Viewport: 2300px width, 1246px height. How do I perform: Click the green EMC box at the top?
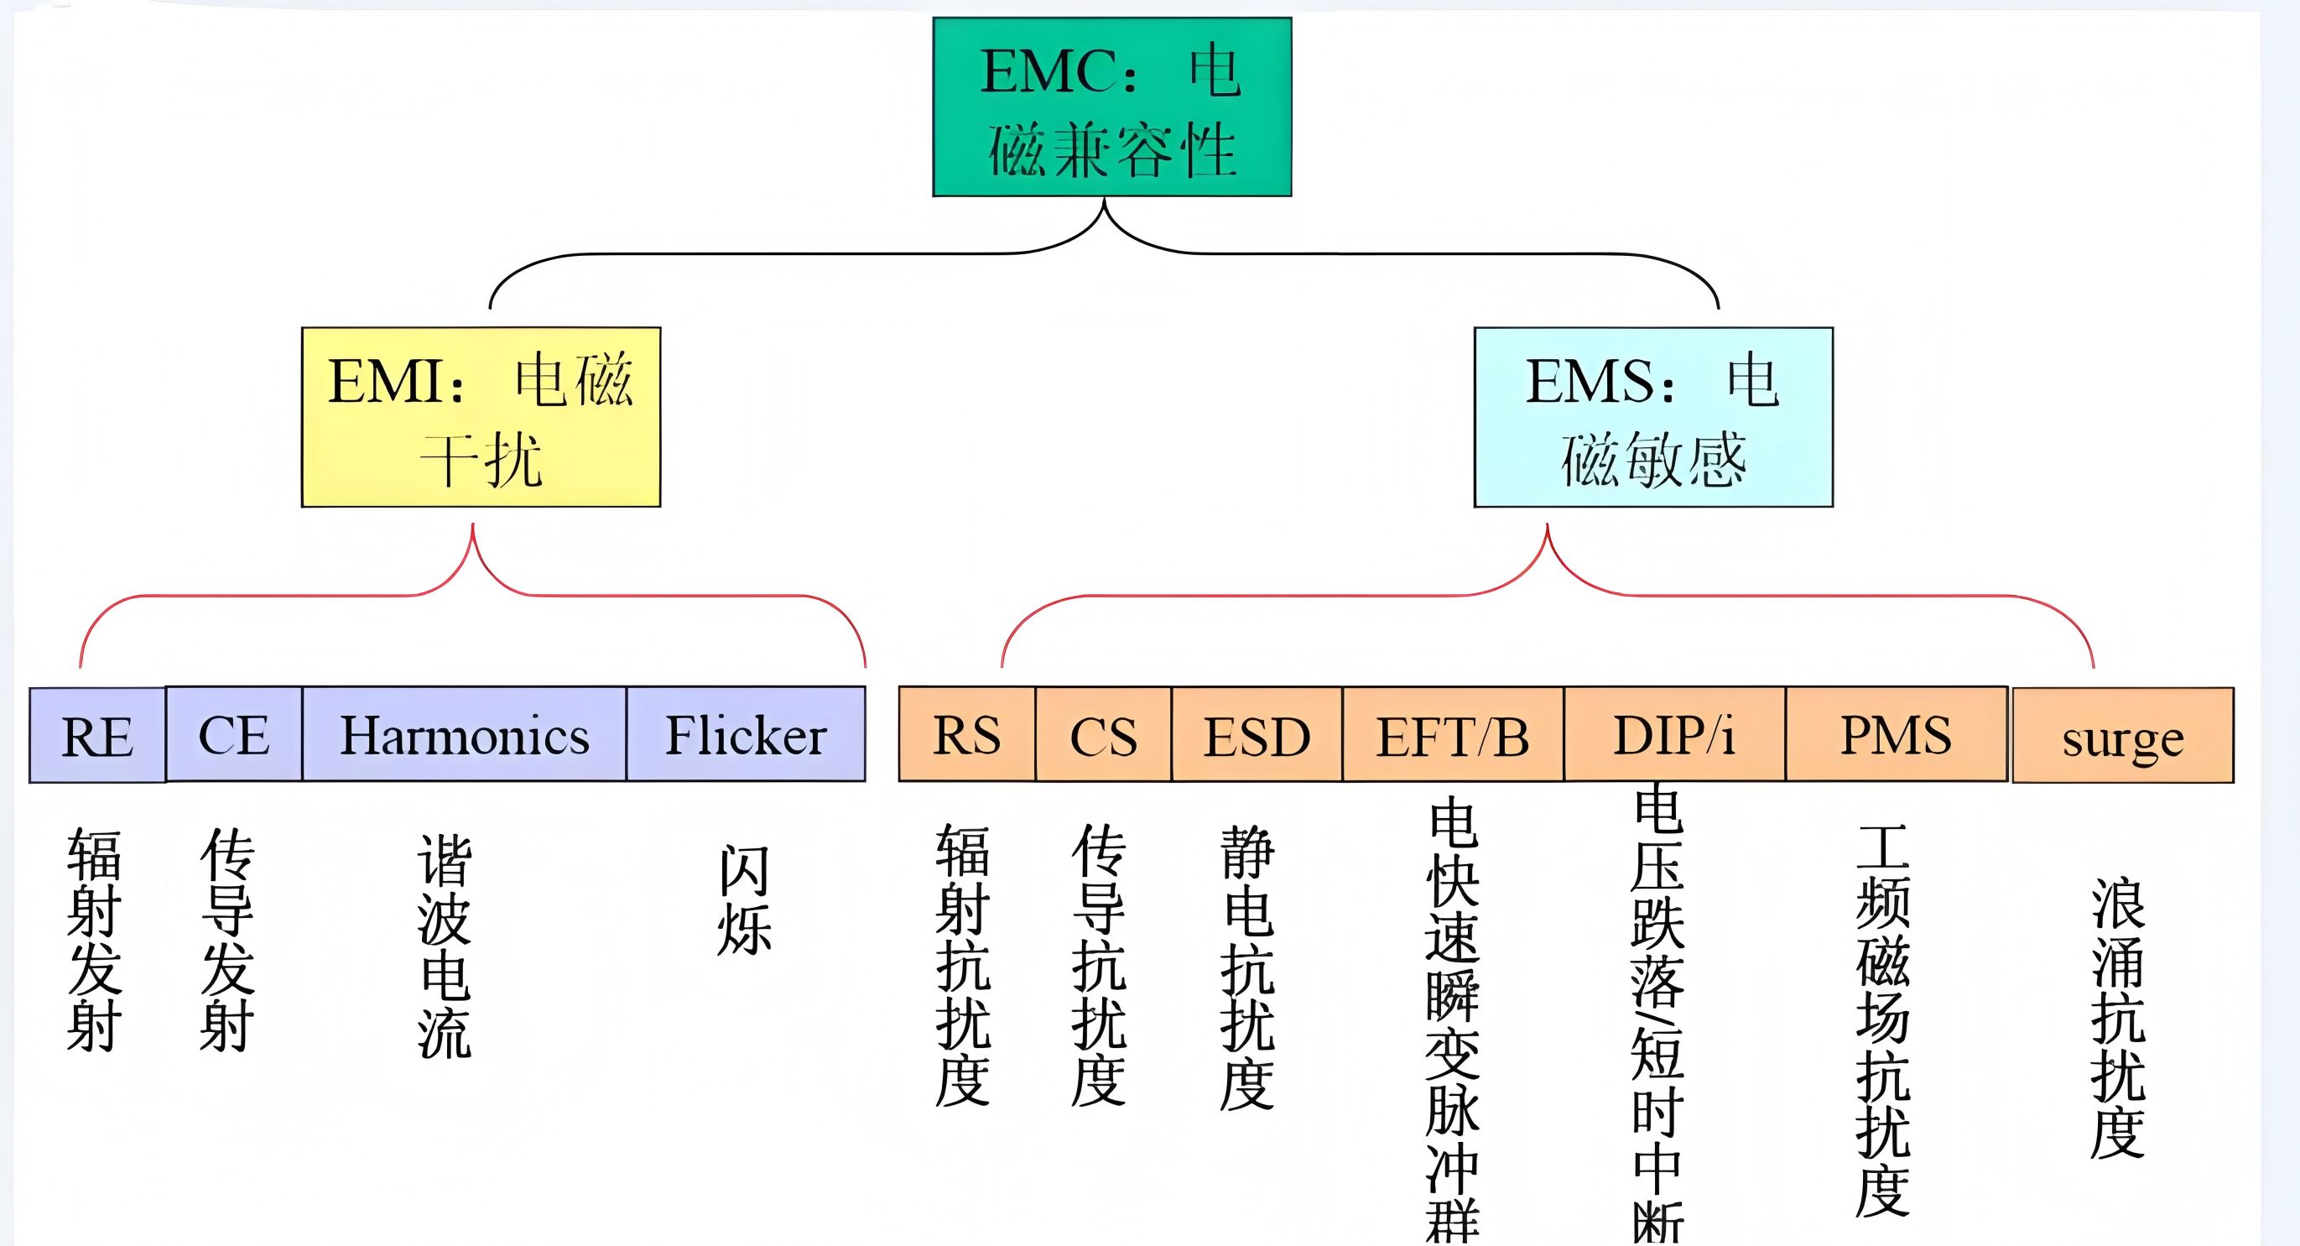coord(1111,107)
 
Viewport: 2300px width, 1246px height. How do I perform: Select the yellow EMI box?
coord(481,417)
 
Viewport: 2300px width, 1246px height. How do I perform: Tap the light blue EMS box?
coord(1652,417)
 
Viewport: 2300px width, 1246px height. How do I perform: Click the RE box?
coord(97,735)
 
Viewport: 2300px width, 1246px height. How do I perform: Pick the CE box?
coord(234,734)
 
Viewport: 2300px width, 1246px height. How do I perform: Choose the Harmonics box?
coord(465,734)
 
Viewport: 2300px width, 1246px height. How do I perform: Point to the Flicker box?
coord(746,734)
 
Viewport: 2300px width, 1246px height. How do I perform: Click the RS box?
coord(967,734)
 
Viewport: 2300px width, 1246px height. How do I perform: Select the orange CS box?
coord(1104,735)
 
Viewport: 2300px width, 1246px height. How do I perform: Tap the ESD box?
coord(1257,735)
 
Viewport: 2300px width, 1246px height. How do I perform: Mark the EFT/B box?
coord(1453,735)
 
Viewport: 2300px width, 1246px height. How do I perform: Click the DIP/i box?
coord(1674,734)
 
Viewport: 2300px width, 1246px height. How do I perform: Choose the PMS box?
coord(1897,734)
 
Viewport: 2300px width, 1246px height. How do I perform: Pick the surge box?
coord(2123,736)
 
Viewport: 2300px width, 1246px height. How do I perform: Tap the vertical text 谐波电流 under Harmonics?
coord(444,946)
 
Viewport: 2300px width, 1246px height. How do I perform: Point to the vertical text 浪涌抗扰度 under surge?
coord(2118,1019)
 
